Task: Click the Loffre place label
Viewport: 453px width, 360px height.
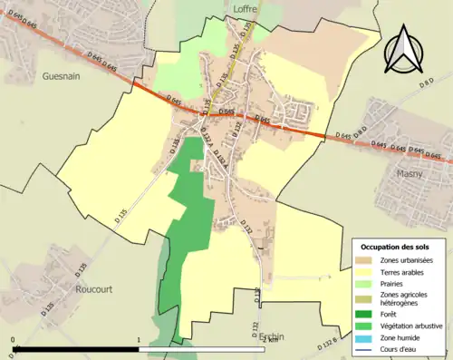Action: coord(246,8)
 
